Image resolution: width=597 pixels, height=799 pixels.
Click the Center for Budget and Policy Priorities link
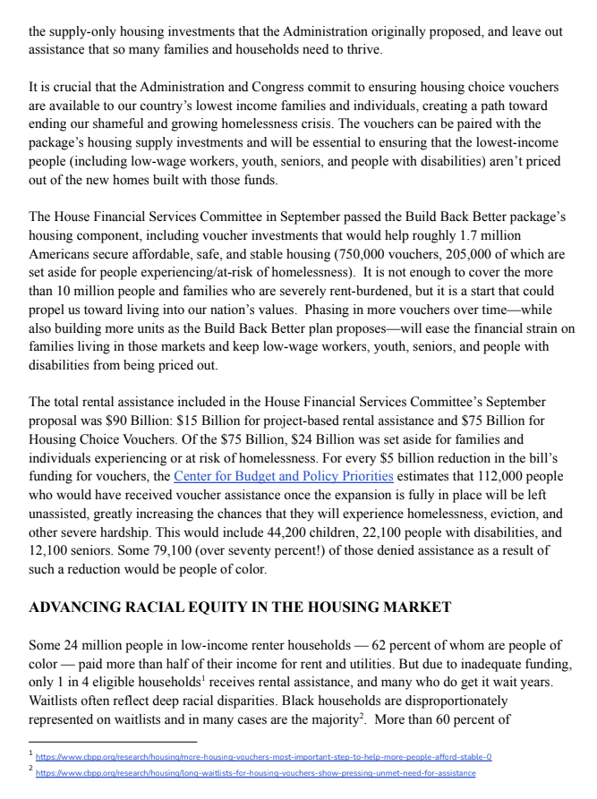pos(283,475)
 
